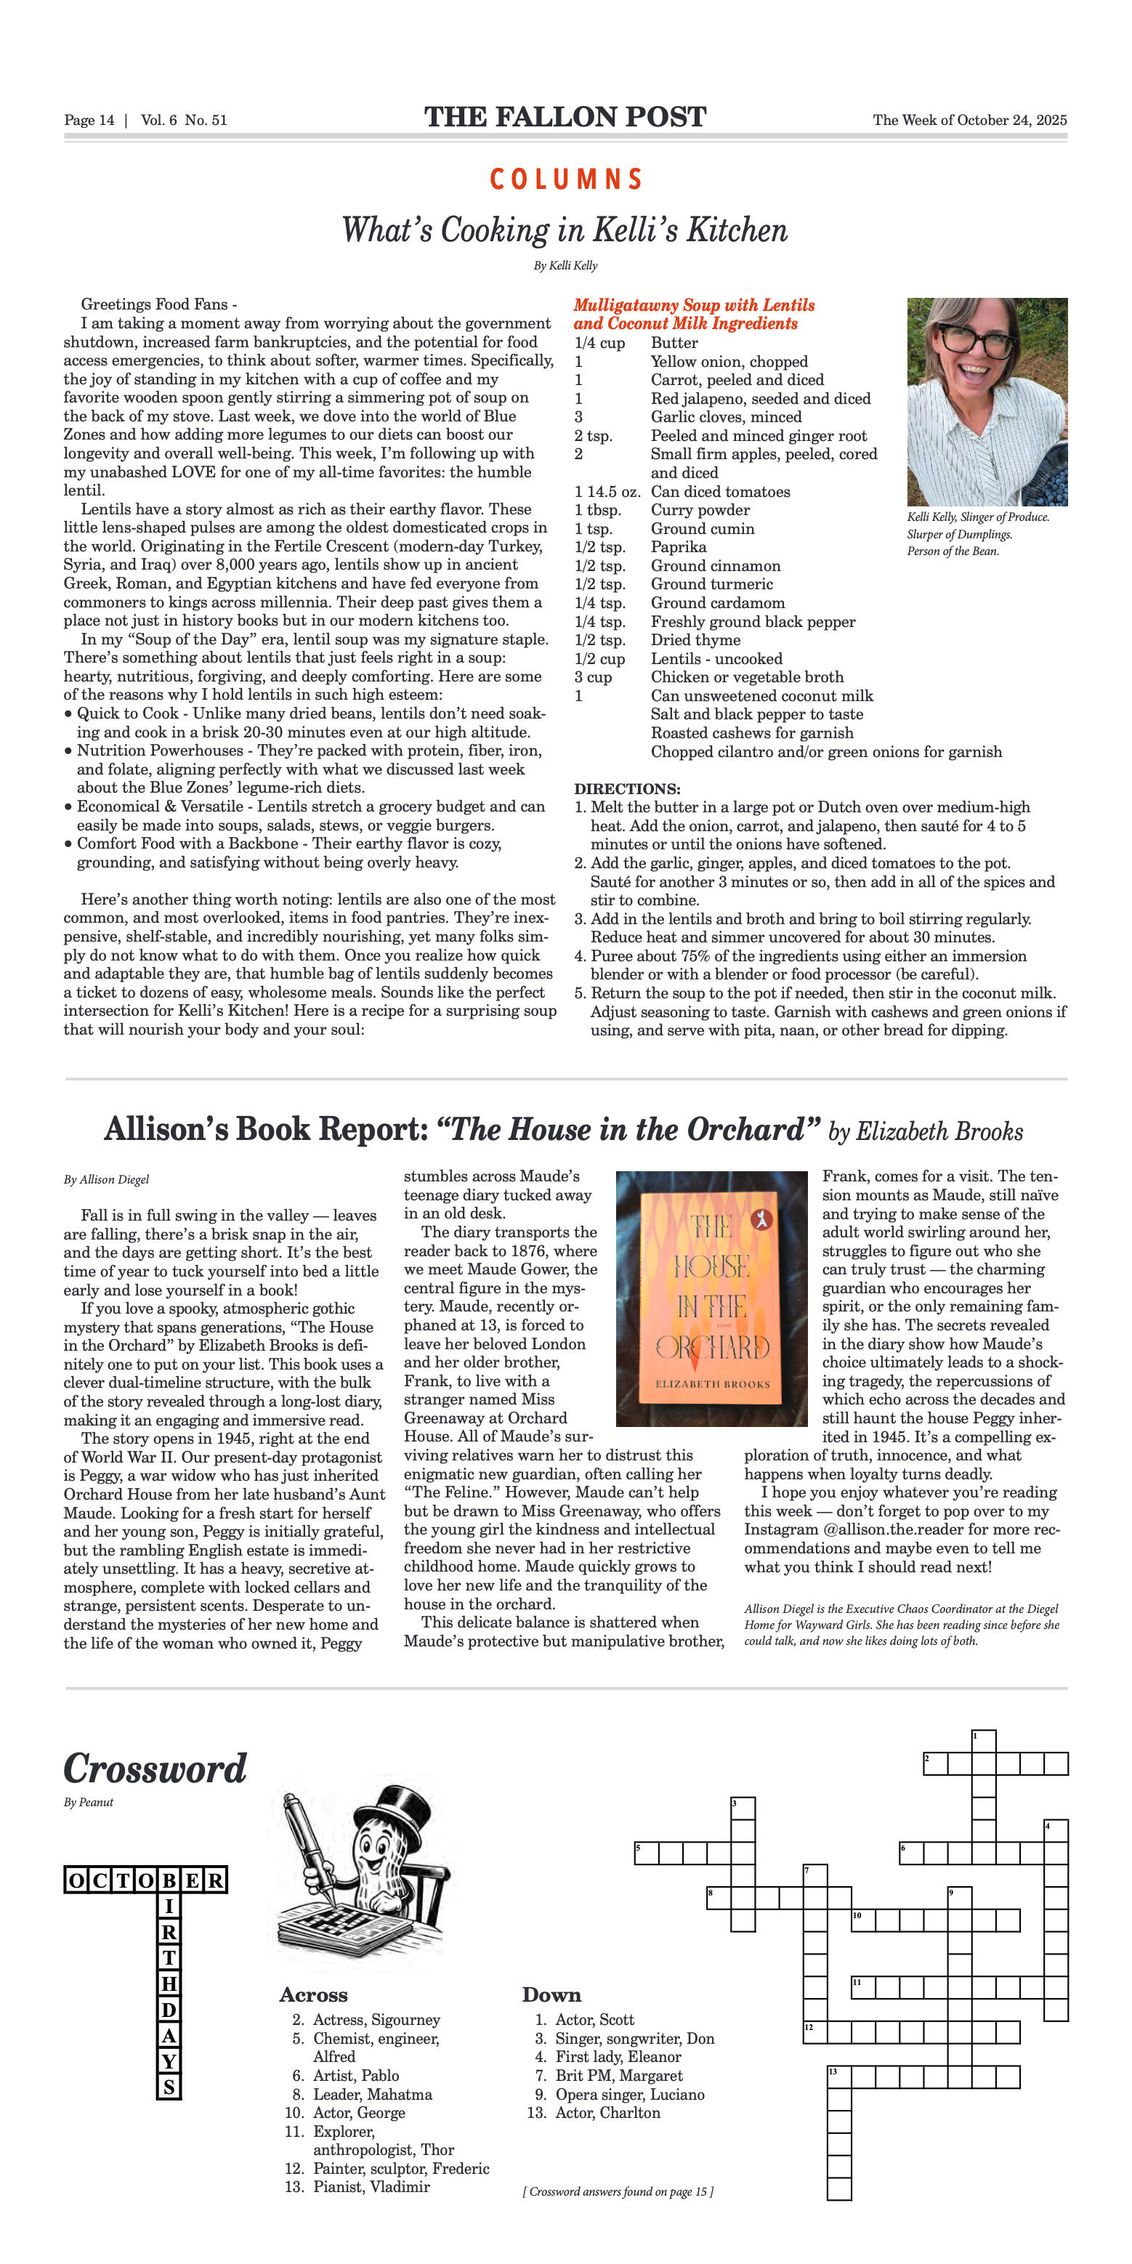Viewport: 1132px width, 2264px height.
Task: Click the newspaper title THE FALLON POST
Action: pos(565,117)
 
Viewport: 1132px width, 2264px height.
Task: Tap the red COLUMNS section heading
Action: pos(565,179)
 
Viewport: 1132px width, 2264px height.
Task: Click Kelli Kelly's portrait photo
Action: pos(986,401)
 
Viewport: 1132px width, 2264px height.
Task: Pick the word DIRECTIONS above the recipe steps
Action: pos(626,788)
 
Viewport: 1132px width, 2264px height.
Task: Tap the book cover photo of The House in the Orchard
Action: pos(711,1298)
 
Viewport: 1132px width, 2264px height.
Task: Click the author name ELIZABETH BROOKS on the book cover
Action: pos(712,1383)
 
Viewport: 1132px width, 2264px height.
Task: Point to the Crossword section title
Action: pos(155,1768)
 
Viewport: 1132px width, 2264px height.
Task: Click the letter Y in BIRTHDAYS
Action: pos(169,2061)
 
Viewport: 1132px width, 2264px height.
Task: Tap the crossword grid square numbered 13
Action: pos(838,2077)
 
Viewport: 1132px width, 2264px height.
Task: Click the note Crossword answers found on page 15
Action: pos(618,2191)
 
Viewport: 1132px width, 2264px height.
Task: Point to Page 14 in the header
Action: pos(89,121)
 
